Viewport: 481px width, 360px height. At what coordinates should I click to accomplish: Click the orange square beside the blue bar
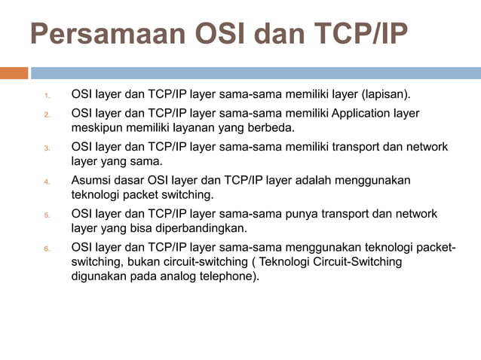[14, 73]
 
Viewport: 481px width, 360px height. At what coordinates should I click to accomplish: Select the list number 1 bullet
[46, 96]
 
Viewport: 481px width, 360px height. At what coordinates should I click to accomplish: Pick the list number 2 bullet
[46, 114]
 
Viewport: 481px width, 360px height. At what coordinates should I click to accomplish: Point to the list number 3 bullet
[46, 148]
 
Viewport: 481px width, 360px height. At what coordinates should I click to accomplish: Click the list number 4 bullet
[46, 182]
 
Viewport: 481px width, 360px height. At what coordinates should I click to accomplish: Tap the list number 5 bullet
[46, 215]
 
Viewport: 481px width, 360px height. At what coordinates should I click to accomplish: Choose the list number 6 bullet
[46, 249]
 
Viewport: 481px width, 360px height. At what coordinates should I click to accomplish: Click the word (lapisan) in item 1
[386, 95]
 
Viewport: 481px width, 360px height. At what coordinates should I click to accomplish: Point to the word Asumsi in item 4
[91, 181]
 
